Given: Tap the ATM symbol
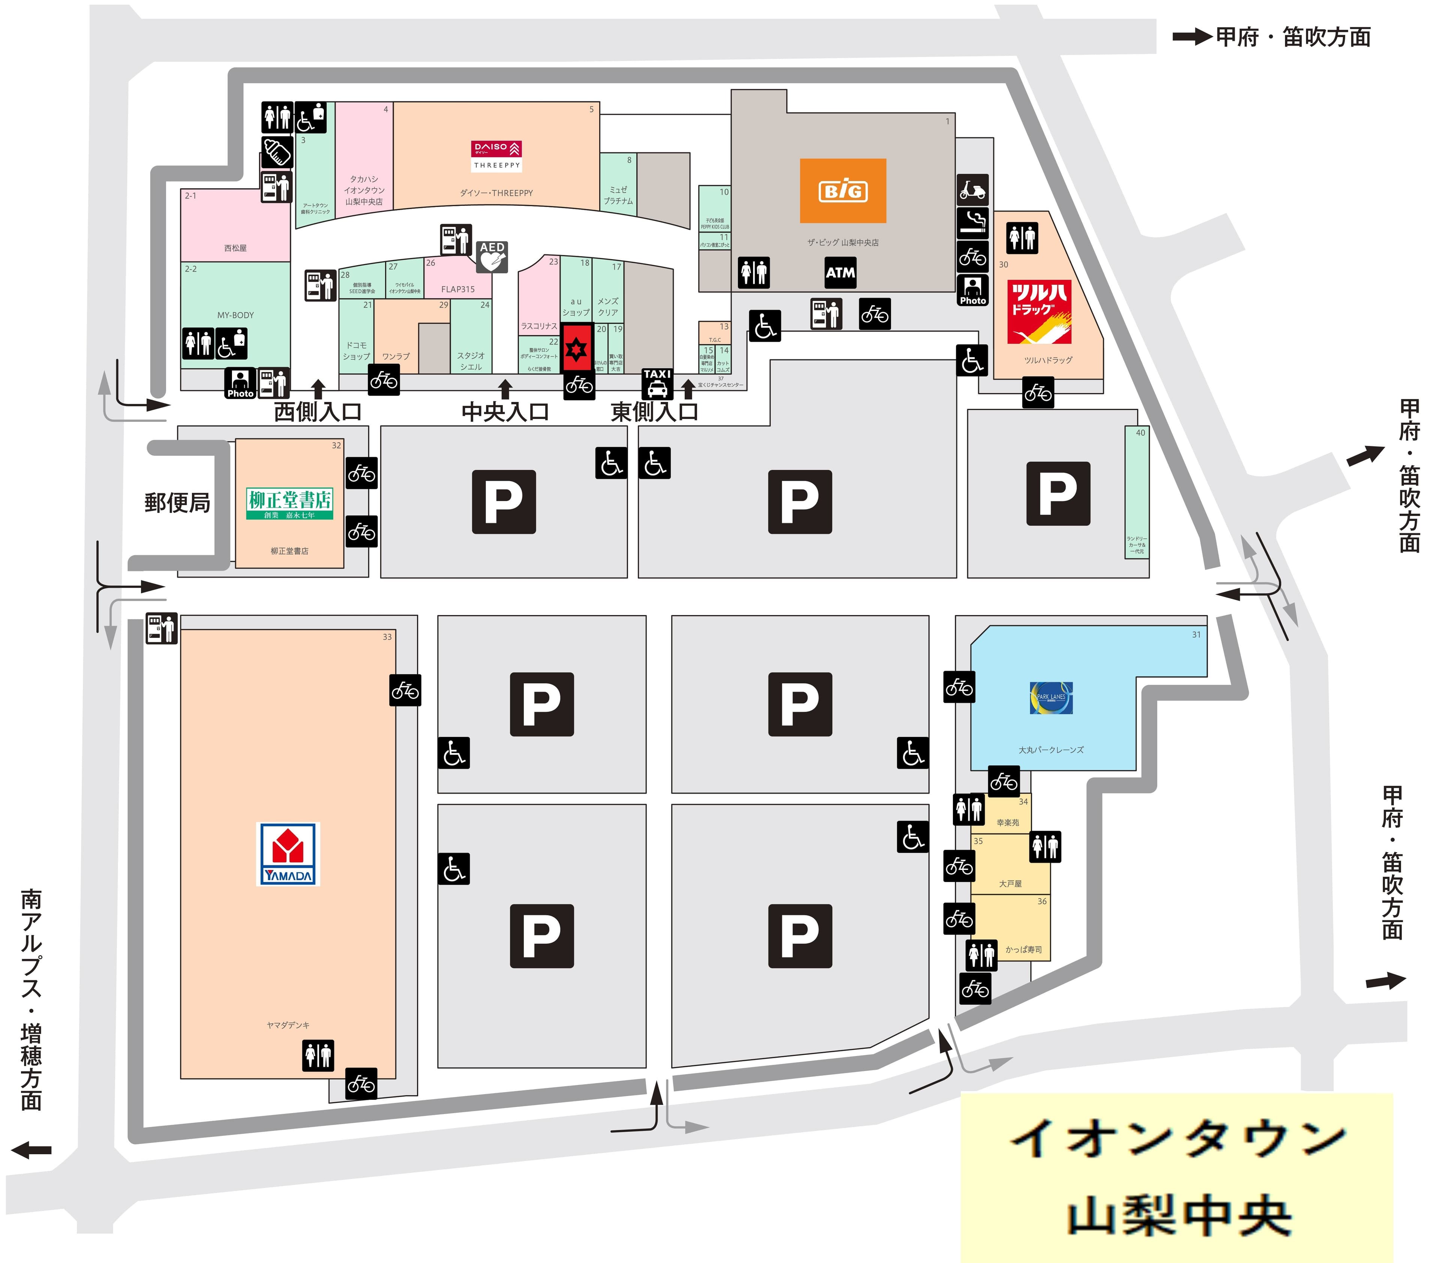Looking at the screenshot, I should tap(840, 273).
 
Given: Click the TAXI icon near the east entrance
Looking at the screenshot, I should tap(657, 383).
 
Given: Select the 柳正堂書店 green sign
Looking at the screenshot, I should tap(289, 504).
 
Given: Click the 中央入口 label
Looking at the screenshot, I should tap(505, 412).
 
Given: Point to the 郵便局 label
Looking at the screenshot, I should tap(177, 502).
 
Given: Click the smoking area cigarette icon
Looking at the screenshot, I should tap(972, 223).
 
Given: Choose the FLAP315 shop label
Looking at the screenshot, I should tap(458, 289).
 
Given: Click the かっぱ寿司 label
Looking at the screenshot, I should tap(1023, 949).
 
